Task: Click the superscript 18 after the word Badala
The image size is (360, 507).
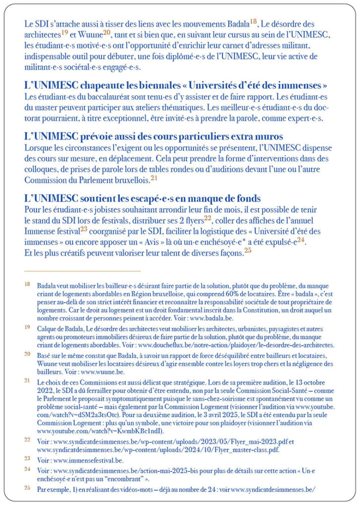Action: point(254,21)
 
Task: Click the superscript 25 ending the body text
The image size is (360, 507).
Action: point(248,250)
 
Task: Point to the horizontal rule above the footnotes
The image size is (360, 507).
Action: point(82,271)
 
